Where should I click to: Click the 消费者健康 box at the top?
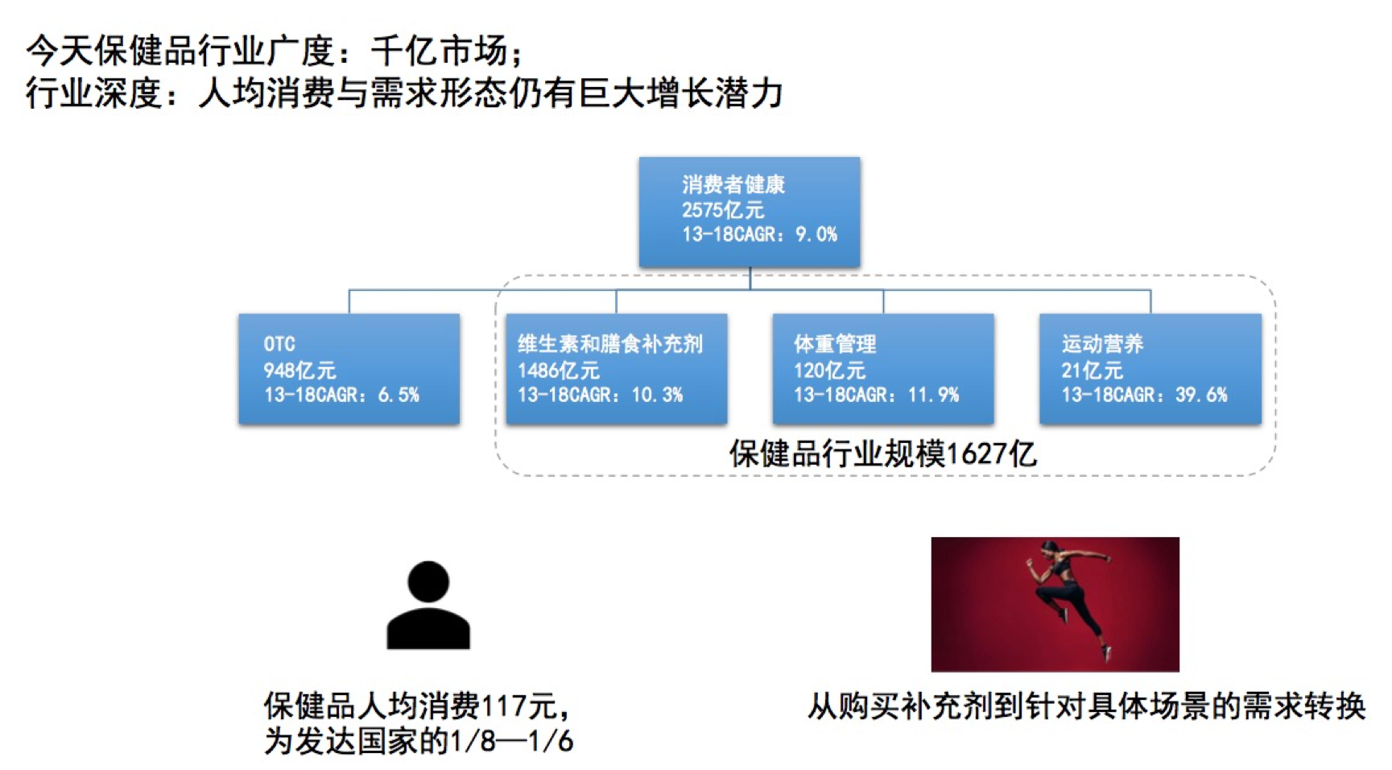(749, 212)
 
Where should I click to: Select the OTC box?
(349, 369)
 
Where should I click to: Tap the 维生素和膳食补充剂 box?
(616, 369)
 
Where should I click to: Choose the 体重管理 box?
(883, 369)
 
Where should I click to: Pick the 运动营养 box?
(1150, 369)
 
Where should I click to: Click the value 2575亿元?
(723, 210)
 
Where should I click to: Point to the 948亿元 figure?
(299, 371)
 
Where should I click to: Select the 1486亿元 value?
(559, 371)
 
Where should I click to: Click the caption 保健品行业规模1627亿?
(883, 454)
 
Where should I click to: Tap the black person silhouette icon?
(428, 606)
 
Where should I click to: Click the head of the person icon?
(428, 582)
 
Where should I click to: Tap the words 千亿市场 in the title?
(440, 52)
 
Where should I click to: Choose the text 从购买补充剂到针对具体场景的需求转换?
(1087, 706)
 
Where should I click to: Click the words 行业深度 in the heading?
(94, 93)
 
